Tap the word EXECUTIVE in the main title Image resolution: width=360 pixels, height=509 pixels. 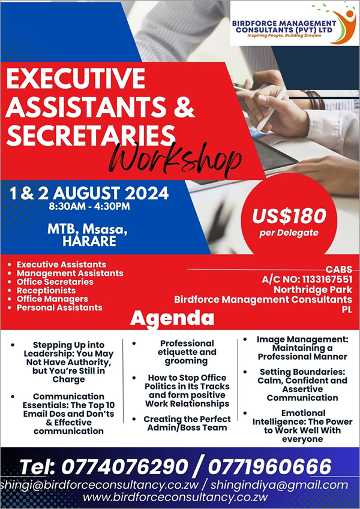click(x=76, y=79)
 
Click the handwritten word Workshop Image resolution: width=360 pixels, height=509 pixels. click(x=175, y=159)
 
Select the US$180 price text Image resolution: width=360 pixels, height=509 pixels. click(x=289, y=216)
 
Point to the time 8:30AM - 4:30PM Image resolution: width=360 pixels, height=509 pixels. click(x=89, y=206)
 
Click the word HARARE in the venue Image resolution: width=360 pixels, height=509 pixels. click(x=89, y=241)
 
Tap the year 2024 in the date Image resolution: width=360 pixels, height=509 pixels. click(x=147, y=194)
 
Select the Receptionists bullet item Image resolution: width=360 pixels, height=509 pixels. click(x=46, y=291)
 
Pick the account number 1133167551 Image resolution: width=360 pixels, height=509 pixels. click(x=327, y=279)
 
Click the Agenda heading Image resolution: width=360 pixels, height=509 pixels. click(x=172, y=318)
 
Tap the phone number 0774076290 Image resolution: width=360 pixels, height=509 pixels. click(x=125, y=467)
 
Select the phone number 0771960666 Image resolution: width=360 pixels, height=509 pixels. click(x=269, y=467)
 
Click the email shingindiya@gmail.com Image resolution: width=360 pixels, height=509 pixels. click(x=280, y=486)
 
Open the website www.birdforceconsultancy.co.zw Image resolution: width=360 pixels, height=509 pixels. click(x=175, y=498)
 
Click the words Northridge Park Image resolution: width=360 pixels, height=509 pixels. click(x=313, y=290)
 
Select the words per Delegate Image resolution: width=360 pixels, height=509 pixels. click(x=289, y=233)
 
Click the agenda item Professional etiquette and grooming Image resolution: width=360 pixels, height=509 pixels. click(x=187, y=352)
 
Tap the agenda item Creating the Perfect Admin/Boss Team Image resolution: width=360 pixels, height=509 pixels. click(x=187, y=423)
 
